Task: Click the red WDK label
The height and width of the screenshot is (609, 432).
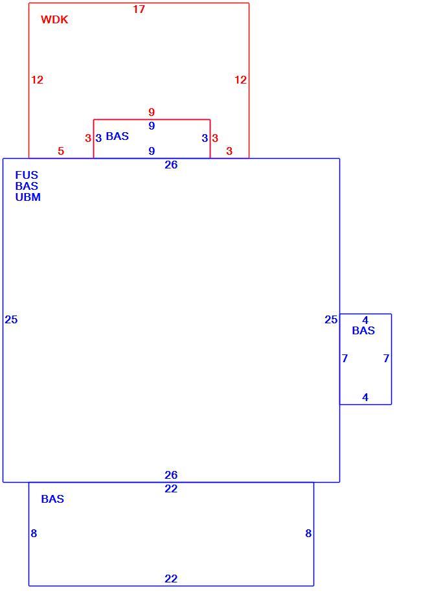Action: point(54,19)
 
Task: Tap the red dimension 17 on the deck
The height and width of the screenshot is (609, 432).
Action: point(139,9)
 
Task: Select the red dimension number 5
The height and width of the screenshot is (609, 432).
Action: point(61,151)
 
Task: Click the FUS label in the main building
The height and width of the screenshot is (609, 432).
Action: point(27,175)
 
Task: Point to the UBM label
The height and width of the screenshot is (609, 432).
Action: point(28,198)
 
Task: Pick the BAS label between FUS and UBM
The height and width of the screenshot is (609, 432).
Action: point(27,186)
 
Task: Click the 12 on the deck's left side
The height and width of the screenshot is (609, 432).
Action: point(38,80)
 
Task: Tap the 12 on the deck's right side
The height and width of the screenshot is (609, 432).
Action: point(241,80)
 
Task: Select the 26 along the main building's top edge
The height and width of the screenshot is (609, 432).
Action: point(171,165)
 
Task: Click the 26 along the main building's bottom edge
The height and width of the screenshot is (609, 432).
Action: point(171,475)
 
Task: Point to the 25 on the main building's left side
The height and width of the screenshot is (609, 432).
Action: point(11,319)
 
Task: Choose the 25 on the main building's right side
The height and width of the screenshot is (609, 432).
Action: point(331,319)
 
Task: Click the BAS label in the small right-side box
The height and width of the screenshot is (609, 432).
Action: point(364,330)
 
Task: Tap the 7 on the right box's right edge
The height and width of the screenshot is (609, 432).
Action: point(386,358)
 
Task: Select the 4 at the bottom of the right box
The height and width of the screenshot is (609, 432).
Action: point(365,397)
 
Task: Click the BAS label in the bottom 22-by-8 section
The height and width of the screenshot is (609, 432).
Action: point(53,499)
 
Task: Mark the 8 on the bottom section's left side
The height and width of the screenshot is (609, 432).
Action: point(34,534)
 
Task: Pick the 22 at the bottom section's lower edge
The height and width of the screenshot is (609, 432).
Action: point(171,579)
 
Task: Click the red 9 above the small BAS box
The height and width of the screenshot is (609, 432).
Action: point(152,112)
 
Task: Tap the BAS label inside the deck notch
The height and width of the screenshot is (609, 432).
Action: point(117,136)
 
